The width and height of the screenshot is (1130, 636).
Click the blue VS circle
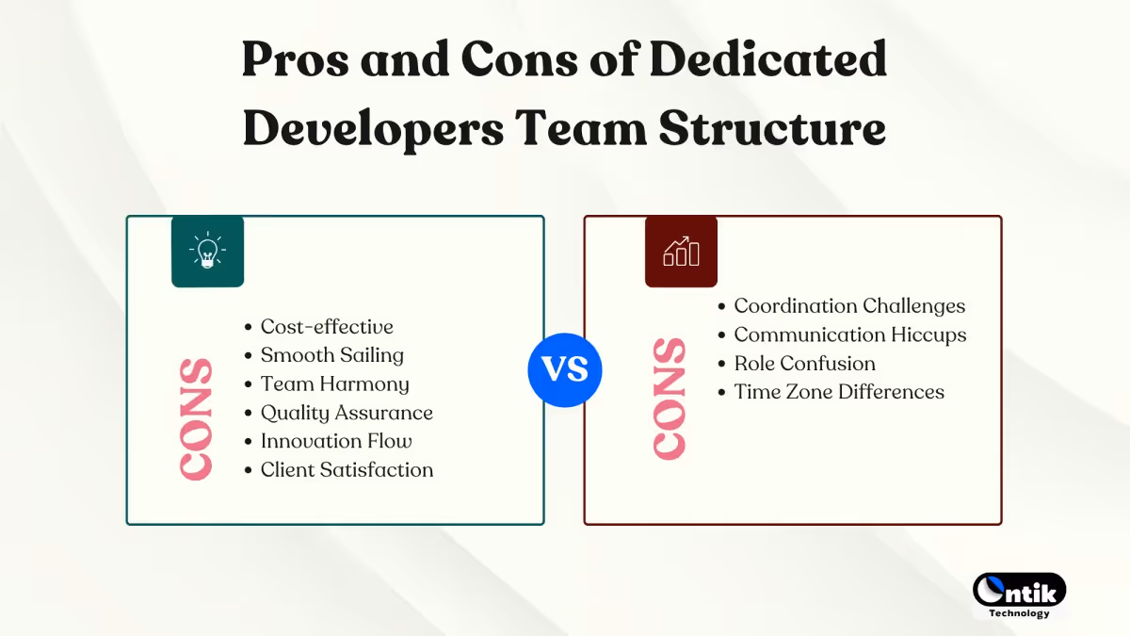click(564, 369)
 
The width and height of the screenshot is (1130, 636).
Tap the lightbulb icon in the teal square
click(207, 251)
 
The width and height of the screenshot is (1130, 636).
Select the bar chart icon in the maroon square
click(681, 251)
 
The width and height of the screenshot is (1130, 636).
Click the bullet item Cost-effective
click(327, 327)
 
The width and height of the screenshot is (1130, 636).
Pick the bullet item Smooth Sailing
click(331, 355)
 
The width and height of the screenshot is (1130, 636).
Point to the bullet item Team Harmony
click(334, 383)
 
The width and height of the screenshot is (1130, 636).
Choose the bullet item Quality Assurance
click(347, 413)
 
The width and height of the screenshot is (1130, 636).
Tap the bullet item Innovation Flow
click(336, 441)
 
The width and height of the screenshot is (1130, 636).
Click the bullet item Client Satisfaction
click(347, 470)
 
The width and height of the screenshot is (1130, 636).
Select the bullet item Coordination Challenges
click(849, 306)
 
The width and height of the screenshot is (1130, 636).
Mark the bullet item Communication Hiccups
click(849, 334)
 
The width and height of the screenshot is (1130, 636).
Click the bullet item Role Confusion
click(804, 364)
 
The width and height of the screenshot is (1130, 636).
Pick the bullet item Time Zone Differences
click(839, 392)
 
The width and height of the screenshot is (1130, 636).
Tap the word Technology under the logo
click(1019, 613)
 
